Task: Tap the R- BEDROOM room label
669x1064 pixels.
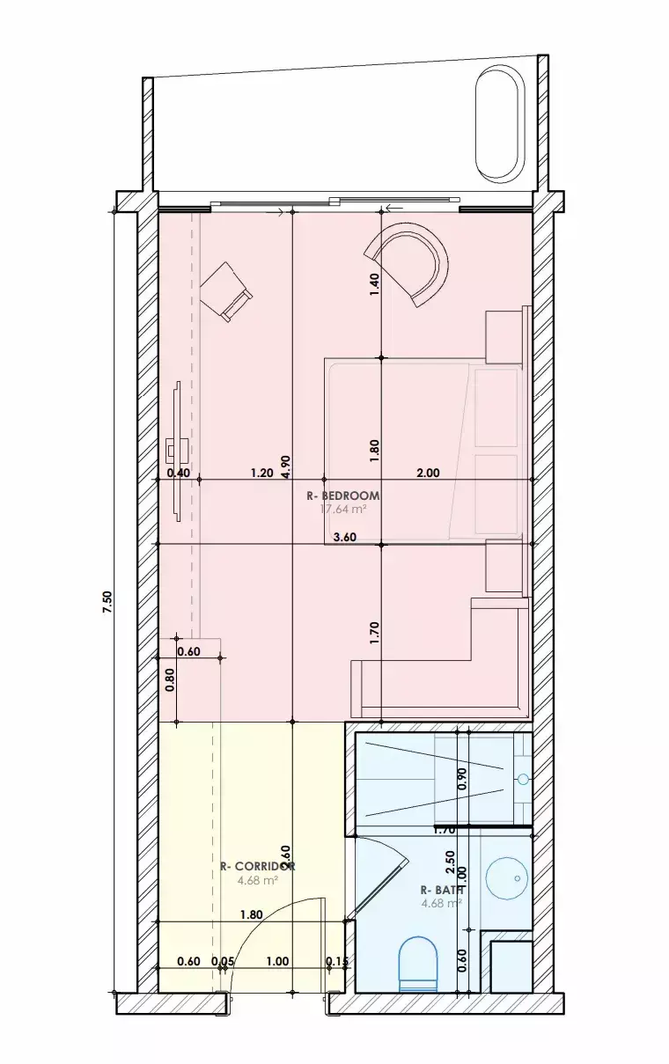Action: (x=343, y=495)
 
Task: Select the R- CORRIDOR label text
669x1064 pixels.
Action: (x=257, y=866)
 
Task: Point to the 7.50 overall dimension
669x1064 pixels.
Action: (x=107, y=601)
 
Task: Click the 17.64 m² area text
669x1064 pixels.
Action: (x=342, y=509)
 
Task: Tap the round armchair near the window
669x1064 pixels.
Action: (x=408, y=263)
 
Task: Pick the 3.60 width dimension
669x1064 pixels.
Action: (x=344, y=538)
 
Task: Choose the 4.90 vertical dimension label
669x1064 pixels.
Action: (x=285, y=466)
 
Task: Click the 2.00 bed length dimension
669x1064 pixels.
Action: (x=428, y=473)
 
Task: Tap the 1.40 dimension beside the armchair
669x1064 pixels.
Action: (x=374, y=283)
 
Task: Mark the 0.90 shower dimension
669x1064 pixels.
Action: (x=463, y=778)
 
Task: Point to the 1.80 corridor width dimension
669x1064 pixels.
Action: (x=252, y=914)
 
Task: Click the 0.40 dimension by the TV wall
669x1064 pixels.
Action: (x=179, y=473)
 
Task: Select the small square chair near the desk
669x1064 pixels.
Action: (x=226, y=291)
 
